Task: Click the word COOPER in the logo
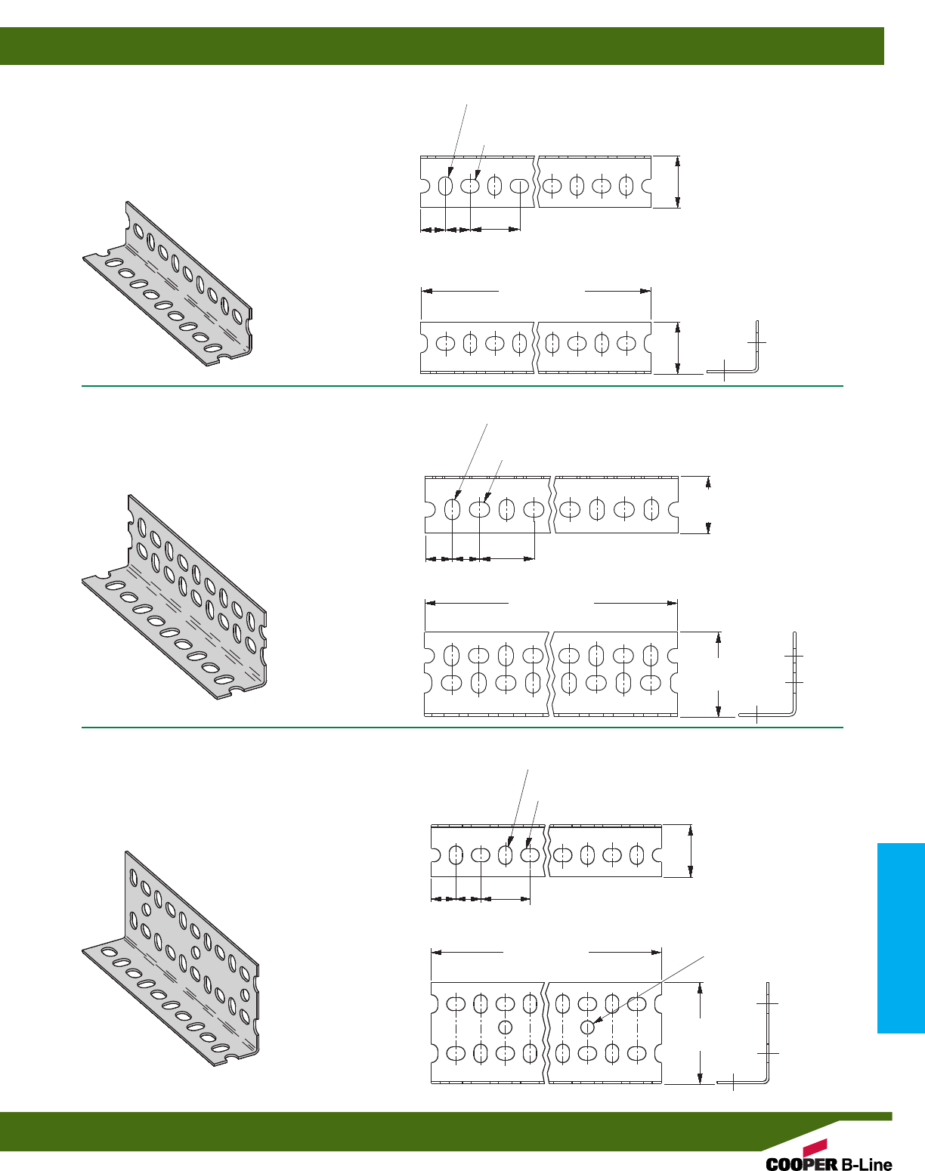pos(801,1164)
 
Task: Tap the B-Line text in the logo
pos(866,1164)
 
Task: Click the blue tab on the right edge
pos(901,938)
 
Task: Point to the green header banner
pos(442,46)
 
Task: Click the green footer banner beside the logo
pos(378,1131)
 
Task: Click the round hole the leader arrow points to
pos(586,1027)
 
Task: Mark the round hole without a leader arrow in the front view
pos(506,1027)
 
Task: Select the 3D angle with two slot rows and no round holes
pos(175,597)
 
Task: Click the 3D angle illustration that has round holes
pos(171,959)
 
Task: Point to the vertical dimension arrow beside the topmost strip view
pos(678,181)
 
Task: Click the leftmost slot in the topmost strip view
pos(446,185)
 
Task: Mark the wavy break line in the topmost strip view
pos(537,181)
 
